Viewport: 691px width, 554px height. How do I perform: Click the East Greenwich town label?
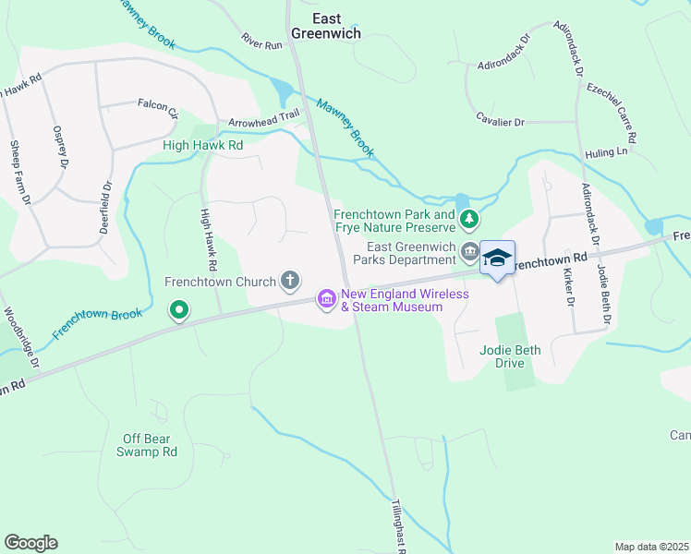pyautogui.click(x=325, y=25)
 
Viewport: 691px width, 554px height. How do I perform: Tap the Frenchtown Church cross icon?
pyautogui.click(x=290, y=281)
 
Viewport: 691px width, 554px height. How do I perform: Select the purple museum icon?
pyautogui.click(x=326, y=299)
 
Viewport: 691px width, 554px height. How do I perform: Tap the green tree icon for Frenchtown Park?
pyautogui.click(x=470, y=219)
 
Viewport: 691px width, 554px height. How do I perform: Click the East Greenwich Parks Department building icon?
pyautogui.click(x=470, y=250)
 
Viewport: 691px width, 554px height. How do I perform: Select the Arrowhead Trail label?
pyautogui.click(x=265, y=122)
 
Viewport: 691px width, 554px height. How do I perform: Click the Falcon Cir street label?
pyautogui.click(x=157, y=108)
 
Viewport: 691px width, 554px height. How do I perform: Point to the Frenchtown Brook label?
pyautogui.click(x=97, y=322)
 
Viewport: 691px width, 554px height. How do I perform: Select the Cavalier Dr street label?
pyautogui.click(x=501, y=122)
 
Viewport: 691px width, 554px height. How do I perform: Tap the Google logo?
pyautogui.click(x=30, y=543)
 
